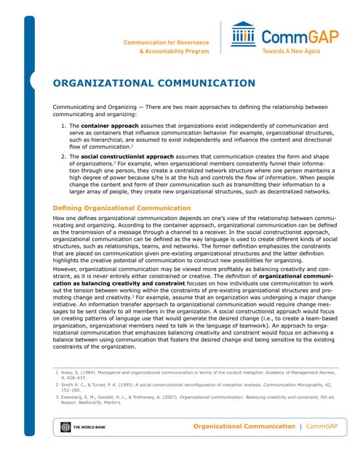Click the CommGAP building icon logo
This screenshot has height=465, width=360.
coord(242,34)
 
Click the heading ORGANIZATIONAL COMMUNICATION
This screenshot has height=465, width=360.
coord(154,83)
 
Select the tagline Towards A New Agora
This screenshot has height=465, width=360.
coord(290,52)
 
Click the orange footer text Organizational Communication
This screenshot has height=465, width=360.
coord(243,426)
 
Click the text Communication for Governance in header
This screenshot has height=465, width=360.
coord(167,42)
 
